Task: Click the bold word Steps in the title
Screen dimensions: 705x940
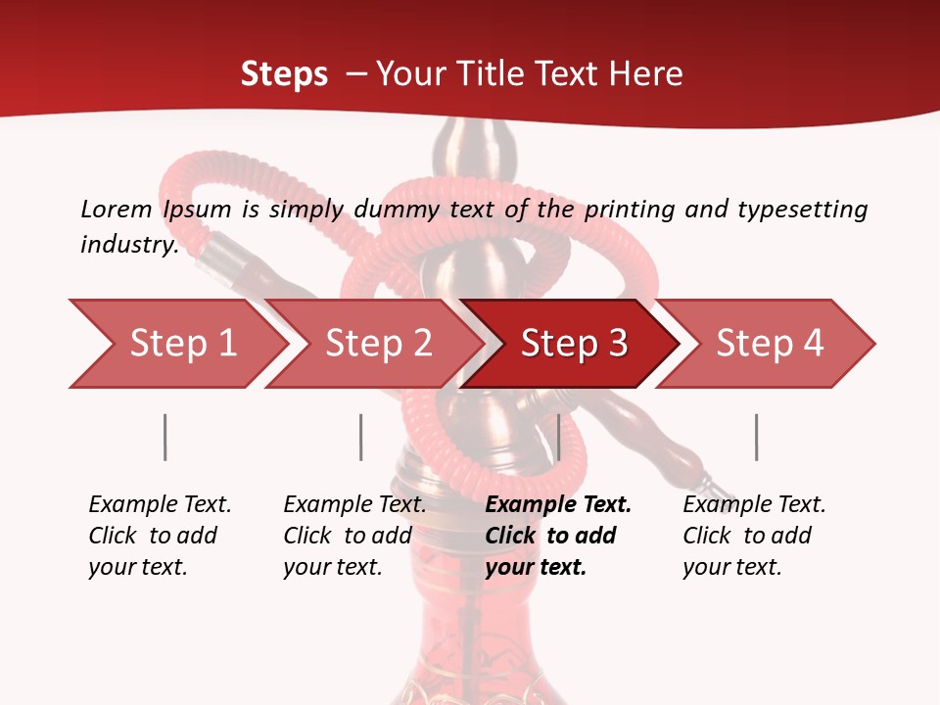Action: [x=284, y=74]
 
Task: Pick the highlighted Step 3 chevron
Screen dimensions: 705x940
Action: [x=574, y=344]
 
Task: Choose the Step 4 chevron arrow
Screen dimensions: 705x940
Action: [x=770, y=344]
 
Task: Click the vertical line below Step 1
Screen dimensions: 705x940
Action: [x=165, y=437]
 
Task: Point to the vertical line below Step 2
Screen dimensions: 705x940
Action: [x=361, y=437]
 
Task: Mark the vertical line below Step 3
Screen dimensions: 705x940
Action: [x=558, y=437]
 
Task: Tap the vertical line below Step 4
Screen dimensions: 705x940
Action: [x=756, y=437]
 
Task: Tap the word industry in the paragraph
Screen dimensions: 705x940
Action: [x=128, y=244]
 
